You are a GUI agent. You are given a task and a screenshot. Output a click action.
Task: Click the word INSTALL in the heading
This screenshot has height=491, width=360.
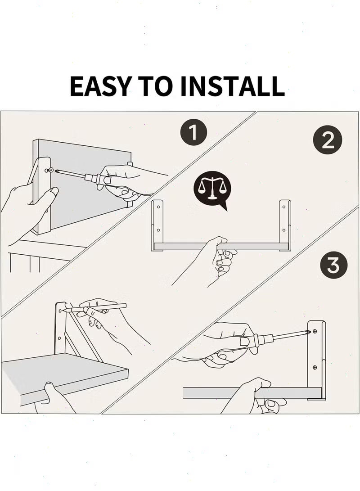coord(233,86)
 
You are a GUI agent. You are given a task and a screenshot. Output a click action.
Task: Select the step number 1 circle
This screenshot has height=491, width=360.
coord(194,132)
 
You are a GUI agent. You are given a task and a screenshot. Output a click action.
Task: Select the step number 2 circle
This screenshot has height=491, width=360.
coord(328,140)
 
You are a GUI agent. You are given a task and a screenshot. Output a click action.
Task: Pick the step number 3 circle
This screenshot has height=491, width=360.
coord(333,265)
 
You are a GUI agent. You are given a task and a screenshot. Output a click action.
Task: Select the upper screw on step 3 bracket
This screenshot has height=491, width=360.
coord(315,331)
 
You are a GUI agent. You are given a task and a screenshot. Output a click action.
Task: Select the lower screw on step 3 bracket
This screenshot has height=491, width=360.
coord(315,367)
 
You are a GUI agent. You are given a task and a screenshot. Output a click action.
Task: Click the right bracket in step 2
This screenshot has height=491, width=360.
coord(284,225)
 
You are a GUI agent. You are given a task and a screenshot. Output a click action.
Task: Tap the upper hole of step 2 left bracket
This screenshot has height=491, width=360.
coord(158,207)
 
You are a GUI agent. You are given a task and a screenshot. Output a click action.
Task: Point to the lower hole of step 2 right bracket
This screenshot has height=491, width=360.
coord(284,230)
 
